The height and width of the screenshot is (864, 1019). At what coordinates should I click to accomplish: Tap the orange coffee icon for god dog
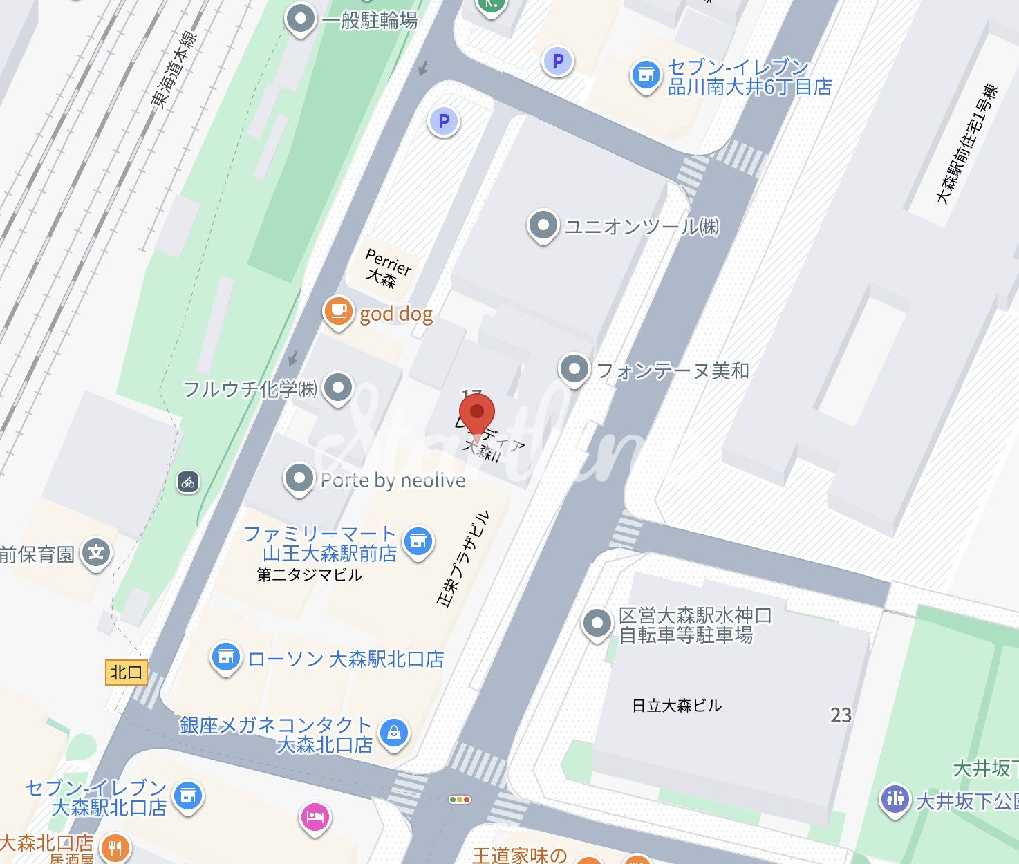click(x=338, y=311)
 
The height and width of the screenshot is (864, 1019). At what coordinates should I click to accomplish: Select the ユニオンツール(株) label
click(x=642, y=227)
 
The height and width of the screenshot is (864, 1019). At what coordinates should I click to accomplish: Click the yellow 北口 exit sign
click(x=127, y=673)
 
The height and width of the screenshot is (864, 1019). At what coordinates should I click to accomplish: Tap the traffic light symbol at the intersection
click(x=460, y=800)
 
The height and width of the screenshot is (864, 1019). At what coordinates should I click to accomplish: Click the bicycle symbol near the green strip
click(x=188, y=482)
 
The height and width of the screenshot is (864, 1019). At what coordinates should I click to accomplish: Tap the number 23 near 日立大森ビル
click(x=841, y=715)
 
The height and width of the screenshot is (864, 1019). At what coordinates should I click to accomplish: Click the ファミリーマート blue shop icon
click(x=418, y=541)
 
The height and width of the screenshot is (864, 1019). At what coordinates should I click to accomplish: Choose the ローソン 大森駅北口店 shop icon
click(x=225, y=657)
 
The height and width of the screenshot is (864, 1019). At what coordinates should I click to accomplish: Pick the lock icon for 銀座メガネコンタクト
click(x=394, y=732)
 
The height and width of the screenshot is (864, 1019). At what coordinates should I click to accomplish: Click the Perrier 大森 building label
click(x=388, y=268)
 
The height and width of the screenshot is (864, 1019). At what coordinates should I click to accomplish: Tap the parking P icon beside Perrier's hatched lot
click(x=444, y=122)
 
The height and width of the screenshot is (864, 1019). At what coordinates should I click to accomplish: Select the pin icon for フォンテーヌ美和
click(x=574, y=369)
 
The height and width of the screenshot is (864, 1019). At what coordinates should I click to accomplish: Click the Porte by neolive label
click(x=393, y=480)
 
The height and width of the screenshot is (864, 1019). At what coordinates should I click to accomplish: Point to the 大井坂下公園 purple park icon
click(x=895, y=799)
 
